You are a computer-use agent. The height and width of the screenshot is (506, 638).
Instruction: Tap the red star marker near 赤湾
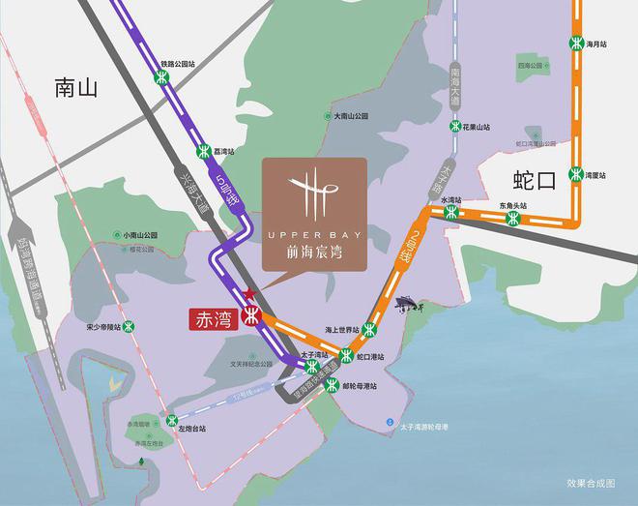tap(249, 293)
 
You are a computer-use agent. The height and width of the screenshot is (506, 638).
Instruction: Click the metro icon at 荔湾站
tap(204, 151)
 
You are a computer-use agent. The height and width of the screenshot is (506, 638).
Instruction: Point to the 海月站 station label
tap(596, 44)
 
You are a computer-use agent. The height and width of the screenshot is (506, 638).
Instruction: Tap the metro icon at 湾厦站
tap(575, 175)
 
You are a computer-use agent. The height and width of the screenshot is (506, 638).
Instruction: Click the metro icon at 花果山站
tap(452, 127)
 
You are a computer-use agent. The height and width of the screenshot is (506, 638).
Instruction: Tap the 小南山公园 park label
tap(139, 235)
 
